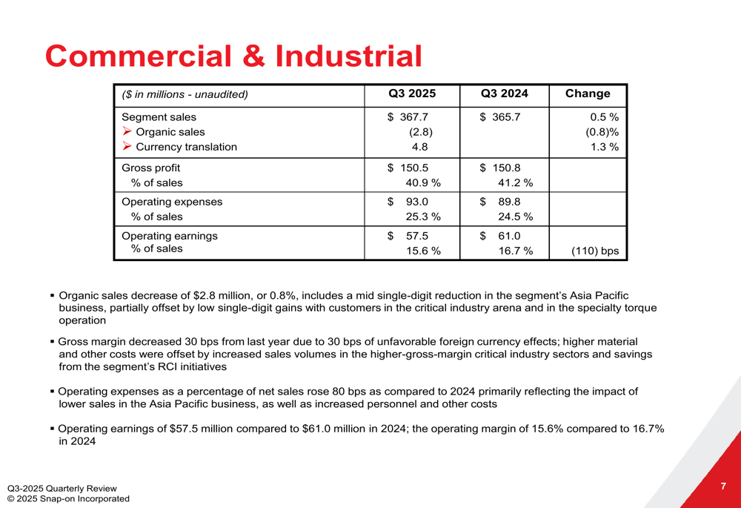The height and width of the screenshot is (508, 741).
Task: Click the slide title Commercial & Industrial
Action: (x=233, y=56)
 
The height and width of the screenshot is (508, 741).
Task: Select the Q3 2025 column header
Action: (x=412, y=93)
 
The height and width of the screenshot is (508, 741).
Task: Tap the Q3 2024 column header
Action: (x=505, y=93)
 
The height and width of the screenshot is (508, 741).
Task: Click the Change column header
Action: (x=588, y=93)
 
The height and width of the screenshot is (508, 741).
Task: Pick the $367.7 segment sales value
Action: (x=408, y=116)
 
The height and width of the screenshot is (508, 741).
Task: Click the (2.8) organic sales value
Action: (x=421, y=132)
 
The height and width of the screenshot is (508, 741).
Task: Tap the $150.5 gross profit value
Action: (x=408, y=168)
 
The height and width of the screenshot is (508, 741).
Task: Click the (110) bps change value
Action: (x=595, y=251)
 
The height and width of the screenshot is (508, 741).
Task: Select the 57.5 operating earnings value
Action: (x=418, y=236)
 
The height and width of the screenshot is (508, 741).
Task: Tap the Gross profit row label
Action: (x=150, y=168)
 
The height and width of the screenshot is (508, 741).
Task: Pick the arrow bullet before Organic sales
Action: (x=127, y=132)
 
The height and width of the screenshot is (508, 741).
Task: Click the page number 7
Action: (x=722, y=486)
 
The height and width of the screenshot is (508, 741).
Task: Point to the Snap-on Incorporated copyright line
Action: (x=67, y=498)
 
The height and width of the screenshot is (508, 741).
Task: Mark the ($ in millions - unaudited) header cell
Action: (x=185, y=94)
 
